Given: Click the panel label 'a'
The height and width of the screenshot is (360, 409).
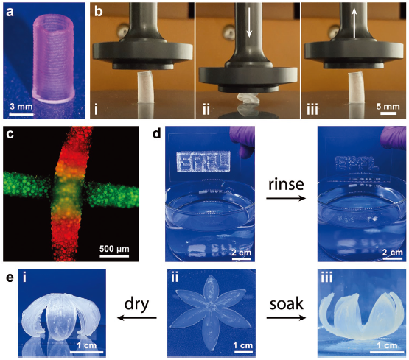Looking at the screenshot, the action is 10,12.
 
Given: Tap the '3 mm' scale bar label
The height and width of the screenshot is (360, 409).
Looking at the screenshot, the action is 21,107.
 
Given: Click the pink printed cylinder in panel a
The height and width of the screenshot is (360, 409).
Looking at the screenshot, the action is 53,59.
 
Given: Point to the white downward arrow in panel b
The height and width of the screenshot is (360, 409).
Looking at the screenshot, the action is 249,23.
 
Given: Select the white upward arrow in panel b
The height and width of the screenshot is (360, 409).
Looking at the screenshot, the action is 354,22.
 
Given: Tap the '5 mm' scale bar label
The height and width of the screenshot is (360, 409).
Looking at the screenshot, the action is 388,106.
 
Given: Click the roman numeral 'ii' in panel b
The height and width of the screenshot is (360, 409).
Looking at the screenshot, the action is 206,110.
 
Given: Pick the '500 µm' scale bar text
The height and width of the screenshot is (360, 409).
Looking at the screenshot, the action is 114,249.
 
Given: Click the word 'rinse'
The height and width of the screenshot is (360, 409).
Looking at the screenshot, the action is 286,184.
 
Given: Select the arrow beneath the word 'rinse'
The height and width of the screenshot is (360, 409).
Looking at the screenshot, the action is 286,199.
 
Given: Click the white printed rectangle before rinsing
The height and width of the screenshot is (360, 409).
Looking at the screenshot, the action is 203,161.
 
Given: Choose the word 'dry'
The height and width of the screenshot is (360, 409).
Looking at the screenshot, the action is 136,305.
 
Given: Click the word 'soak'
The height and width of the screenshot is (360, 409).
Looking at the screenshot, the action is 286,304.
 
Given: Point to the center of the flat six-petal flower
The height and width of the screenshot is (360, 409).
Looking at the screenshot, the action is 210,307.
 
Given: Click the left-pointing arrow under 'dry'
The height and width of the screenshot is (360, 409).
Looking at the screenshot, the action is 137,317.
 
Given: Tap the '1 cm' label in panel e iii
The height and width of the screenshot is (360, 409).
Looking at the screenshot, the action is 387,345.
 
